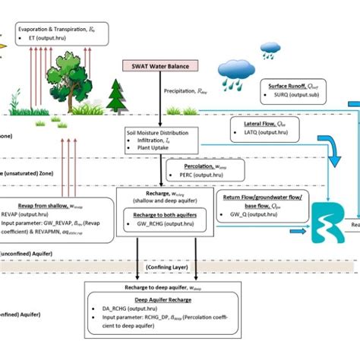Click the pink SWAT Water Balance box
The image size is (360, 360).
click(x=162, y=65)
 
